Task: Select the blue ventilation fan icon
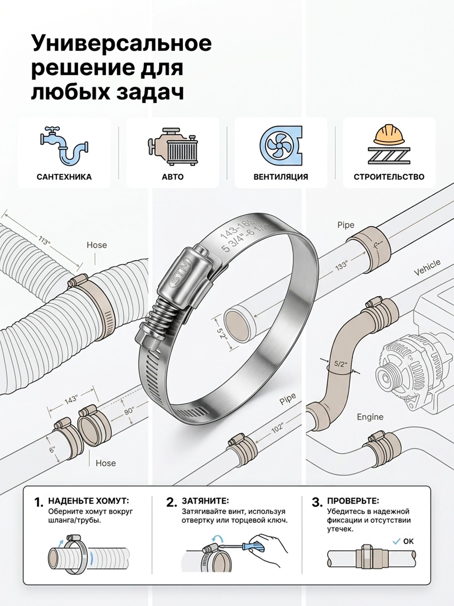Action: [281, 146]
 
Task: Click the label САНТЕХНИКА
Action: [64, 177]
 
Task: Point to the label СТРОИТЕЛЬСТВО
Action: [389, 177]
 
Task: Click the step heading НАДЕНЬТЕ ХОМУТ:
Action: [88, 501]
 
